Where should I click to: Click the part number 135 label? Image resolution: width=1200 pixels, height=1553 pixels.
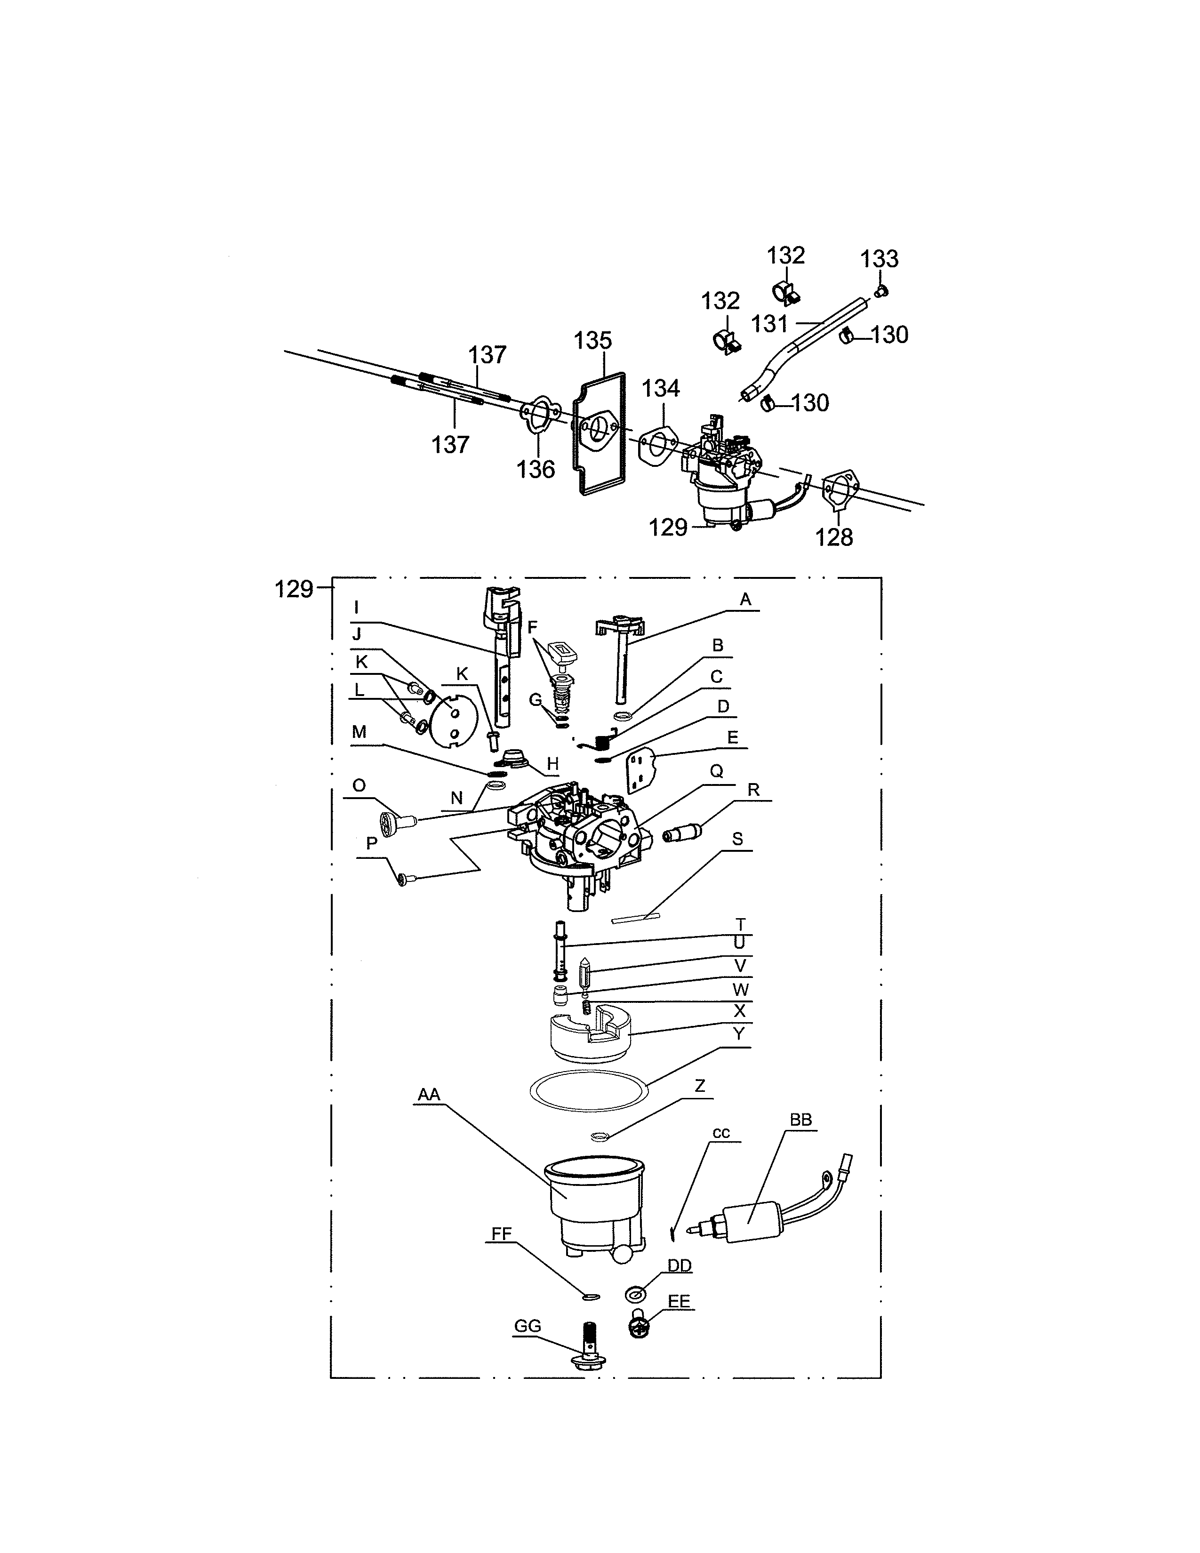[593, 341]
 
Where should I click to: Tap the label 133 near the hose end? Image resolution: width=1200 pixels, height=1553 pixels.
[880, 259]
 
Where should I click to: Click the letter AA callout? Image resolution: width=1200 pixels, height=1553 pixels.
[429, 1094]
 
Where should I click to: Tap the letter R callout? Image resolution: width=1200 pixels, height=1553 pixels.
[753, 790]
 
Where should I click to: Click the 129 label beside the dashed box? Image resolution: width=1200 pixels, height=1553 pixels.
[294, 589]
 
